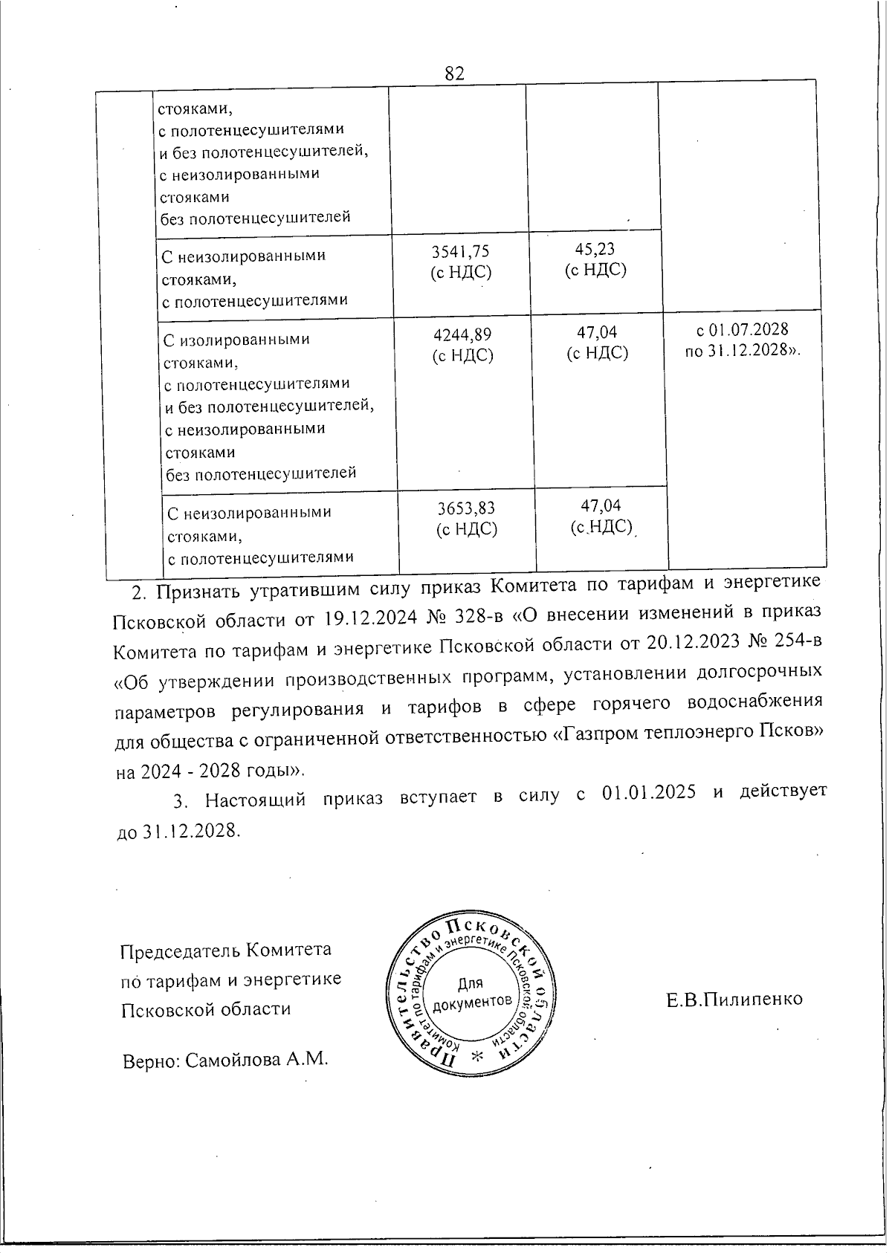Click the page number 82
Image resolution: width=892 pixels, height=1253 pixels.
click(454, 73)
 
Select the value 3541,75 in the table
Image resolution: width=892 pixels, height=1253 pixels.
click(461, 251)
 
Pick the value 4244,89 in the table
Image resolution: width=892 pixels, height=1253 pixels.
click(462, 335)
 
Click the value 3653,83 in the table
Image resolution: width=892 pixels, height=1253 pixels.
click(465, 509)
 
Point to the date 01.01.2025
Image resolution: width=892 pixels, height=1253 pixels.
click(649, 793)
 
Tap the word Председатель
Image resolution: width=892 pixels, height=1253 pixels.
click(183, 951)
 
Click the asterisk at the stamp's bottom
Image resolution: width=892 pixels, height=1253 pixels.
click(476, 1057)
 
